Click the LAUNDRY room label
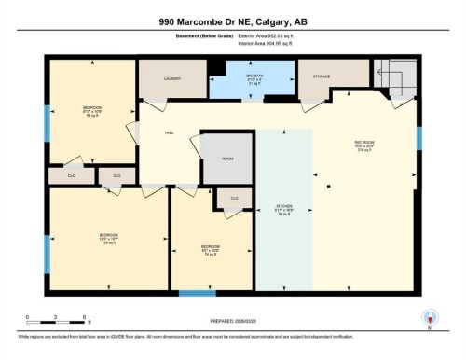pyautogui.click(x=172, y=78)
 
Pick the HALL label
pyautogui.click(x=170, y=133)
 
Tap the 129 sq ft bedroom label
pyautogui.click(x=108, y=238)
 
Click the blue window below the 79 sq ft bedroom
pyautogui.click(x=198, y=294)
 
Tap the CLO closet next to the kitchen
pyautogui.click(x=234, y=198)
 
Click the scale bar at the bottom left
pyautogui.click(x=57, y=319)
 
